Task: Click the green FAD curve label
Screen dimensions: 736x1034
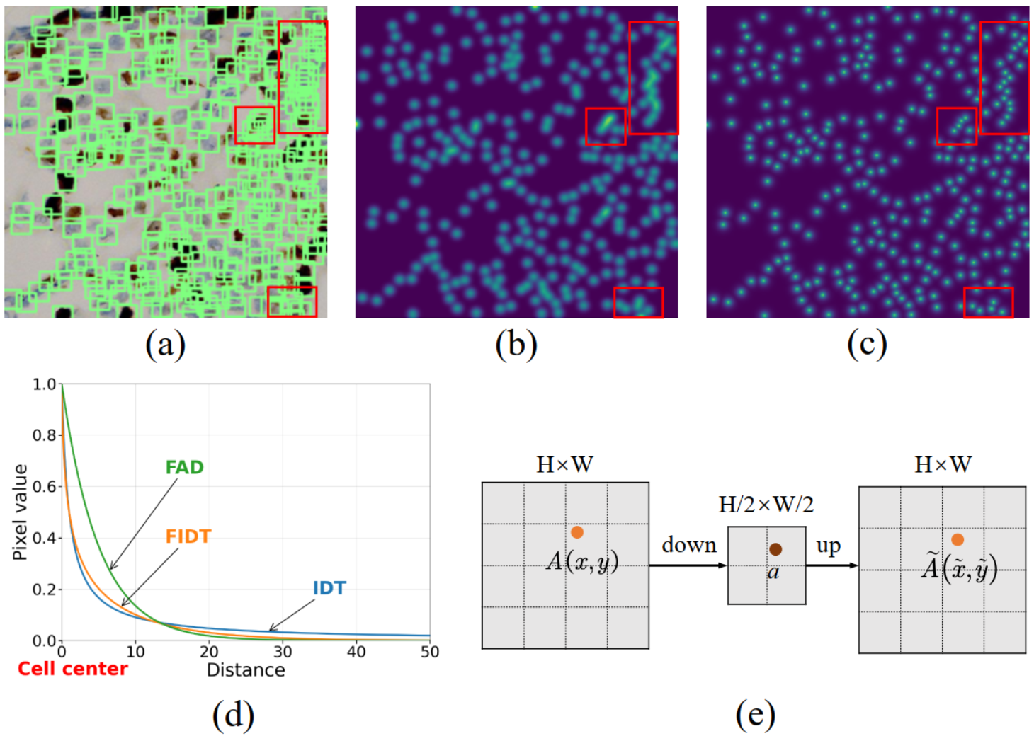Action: [184, 467]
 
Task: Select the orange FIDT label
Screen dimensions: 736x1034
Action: [188, 536]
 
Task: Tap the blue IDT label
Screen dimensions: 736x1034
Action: [329, 587]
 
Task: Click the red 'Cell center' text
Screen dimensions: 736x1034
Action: [72, 669]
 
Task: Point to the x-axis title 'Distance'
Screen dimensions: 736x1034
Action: [246, 669]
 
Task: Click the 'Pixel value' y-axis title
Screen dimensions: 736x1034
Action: [20, 512]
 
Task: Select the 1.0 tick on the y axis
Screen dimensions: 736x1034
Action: [44, 384]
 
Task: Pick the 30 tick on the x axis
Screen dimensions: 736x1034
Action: [283, 652]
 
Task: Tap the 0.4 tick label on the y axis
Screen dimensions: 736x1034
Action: [44, 538]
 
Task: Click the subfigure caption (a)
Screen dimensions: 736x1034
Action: [165, 345]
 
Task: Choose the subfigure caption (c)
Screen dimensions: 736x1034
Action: [867, 345]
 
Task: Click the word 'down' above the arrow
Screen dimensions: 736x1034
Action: [688, 545]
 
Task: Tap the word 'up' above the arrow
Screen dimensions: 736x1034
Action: [828, 546]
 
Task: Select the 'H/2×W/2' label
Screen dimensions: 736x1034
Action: [766, 505]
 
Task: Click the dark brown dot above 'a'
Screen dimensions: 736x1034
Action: [775, 549]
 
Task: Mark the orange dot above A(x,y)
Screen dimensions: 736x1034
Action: [577, 532]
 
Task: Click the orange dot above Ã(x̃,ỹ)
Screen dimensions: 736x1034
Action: [958, 540]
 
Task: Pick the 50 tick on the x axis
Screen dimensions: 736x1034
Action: [429, 652]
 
